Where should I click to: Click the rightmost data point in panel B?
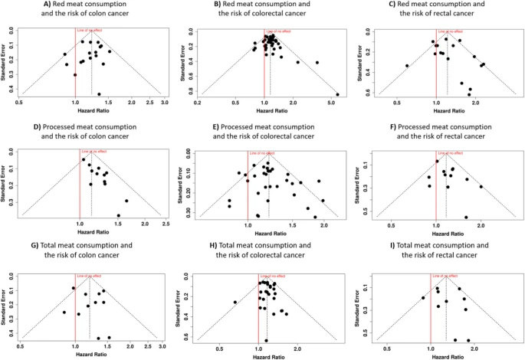[x=337, y=95]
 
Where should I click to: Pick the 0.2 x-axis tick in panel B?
[x=199, y=101]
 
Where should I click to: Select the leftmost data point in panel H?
[x=235, y=302]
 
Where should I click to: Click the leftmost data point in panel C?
[x=407, y=66]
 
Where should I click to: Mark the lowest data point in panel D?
[x=118, y=215]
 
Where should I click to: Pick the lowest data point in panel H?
[x=266, y=340]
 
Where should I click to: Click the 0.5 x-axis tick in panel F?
[x=391, y=224]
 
